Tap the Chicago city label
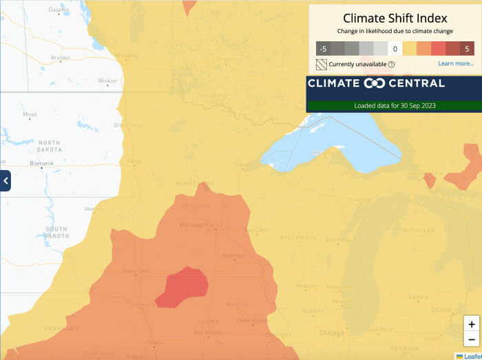(x=331, y=333)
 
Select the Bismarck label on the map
(x=41, y=163)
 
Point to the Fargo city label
(x=134, y=161)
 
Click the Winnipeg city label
(x=126, y=55)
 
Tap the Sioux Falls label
(x=136, y=271)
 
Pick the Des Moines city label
(x=208, y=332)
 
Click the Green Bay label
(x=338, y=240)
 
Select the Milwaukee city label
(x=339, y=287)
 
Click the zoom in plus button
(x=471, y=324)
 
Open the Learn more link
(x=456, y=64)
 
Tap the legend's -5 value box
(x=323, y=48)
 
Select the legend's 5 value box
(x=467, y=48)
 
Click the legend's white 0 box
(x=395, y=48)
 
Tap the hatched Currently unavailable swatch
(x=322, y=65)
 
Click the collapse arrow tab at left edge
(x=5, y=180)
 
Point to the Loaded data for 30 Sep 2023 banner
(x=395, y=106)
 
